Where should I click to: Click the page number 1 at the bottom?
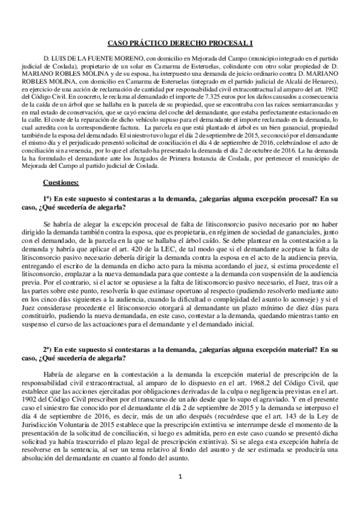point(180,494)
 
